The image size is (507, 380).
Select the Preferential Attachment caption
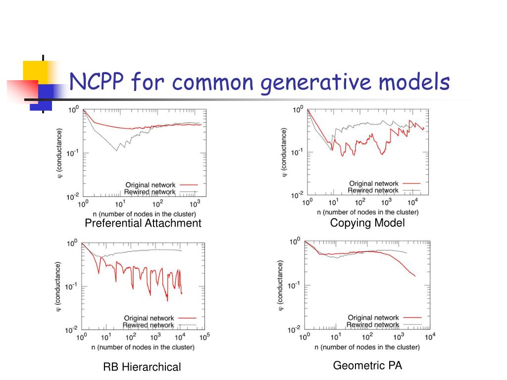click(x=143, y=223)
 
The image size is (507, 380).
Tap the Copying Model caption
click(x=367, y=223)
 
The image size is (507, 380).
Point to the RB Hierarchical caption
click(x=142, y=367)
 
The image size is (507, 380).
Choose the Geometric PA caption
click(x=367, y=366)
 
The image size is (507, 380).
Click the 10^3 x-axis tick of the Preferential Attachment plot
click(x=195, y=203)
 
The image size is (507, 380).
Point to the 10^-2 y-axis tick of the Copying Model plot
click(x=297, y=195)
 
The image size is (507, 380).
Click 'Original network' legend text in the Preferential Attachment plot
click(x=151, y=185)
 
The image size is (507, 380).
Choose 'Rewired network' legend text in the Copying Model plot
click(x=373, y=190)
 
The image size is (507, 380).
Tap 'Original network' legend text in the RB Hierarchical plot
click(x=149, y=318)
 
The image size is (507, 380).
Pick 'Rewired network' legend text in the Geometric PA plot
click(x=373, y=325)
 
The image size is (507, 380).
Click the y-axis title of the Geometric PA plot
click(x=281, y=285)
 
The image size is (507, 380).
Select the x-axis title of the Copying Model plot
click(x=368, y=212)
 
